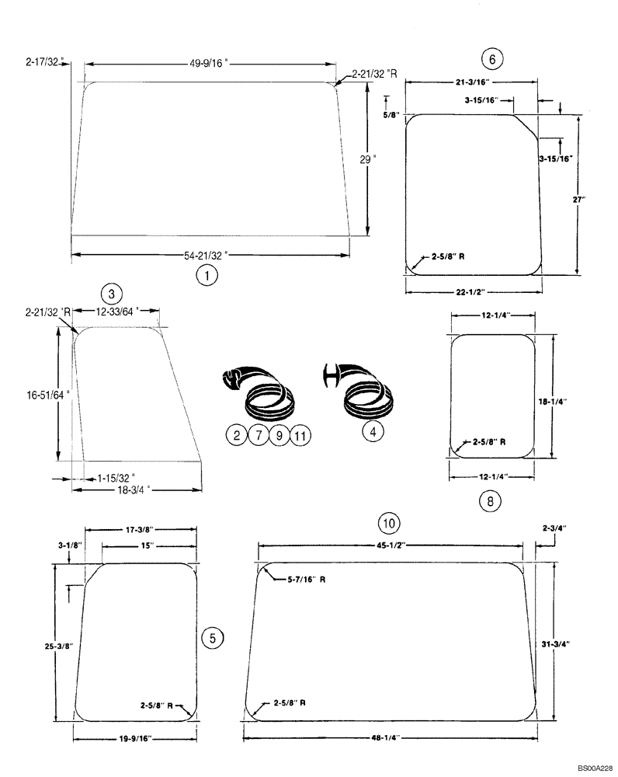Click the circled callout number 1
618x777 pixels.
(206, 274)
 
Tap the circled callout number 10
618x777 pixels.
(388, 521)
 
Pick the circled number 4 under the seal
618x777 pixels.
(373, 432)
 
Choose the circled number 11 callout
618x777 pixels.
(300, 436)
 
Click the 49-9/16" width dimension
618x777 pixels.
(210, 65)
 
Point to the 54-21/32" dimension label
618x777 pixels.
(210, 253)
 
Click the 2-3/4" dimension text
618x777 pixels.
(554, 528)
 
